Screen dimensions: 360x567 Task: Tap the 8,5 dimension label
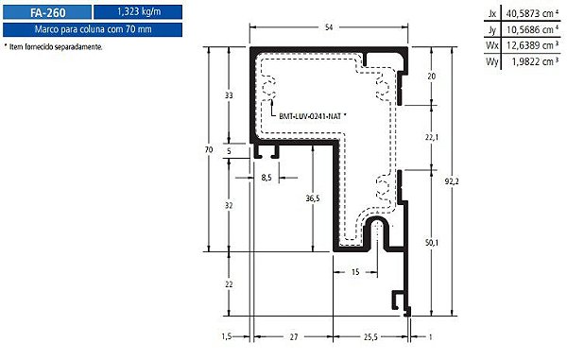[266, 177]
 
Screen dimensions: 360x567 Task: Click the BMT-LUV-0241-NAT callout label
[311, 115]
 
